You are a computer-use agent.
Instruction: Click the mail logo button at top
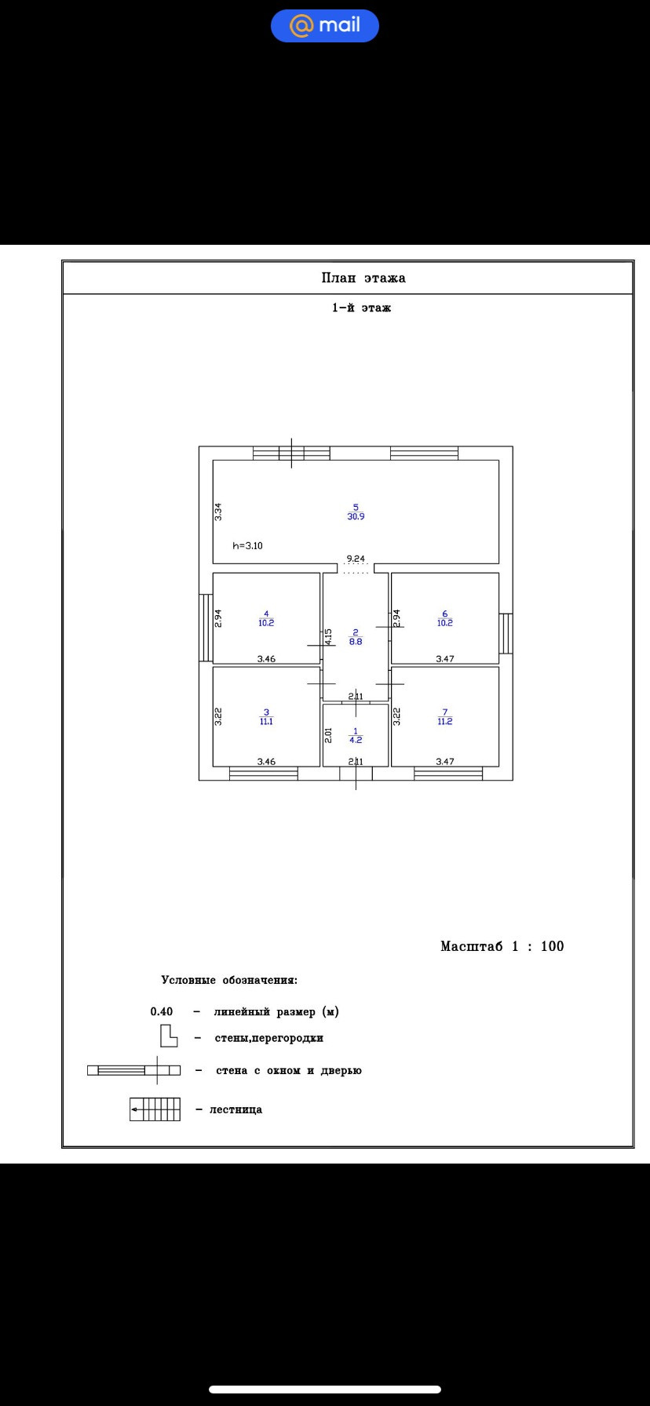pyautogui.click(x=325, y=26)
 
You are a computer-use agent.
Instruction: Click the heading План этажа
pyautogui.click(x=363, y=278)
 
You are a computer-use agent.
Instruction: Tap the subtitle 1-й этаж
pyautogui.click(x=361, y=308)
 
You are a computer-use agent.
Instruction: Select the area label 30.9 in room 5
pyautogui.click(x=356, y=516)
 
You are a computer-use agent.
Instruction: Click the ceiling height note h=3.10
pyautogui.click(x=248, y=545)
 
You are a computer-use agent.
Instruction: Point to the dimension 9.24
pyautogui.click(x=356, y=559)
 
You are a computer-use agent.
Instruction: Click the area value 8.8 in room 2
pyautogui.click(x=356, y=641)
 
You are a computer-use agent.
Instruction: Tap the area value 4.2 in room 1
pyautogui.click(x=356, y=740)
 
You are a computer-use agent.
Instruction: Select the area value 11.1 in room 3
pyautogui.click(x=266, y=722)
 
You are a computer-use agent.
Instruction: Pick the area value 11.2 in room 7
pyautogui.click(x=445, y=722)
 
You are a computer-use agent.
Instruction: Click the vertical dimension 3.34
pyautogui.click(x=218, y=512)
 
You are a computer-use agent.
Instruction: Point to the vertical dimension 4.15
pyautogui.click(x=329, y=636)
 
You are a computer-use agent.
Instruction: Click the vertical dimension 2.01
pyautogui.click(x=329, y=735)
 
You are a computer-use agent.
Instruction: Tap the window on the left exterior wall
pyautogui.click(x=206, y=628)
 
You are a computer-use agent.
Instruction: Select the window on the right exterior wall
pyautogui.click(x=506, y=633)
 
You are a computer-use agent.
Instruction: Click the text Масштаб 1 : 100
pyautogui.click(x=502, y=946)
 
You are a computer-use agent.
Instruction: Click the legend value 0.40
pyautogui.click(x=162, y=1012)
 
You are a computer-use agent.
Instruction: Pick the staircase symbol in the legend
pyautogui.click(x=155, y=1109)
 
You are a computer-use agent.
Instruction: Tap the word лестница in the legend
pyautogui.click(x=236, y=1109)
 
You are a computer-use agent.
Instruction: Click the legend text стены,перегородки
pyautogui.click(x=269, y=1038)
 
